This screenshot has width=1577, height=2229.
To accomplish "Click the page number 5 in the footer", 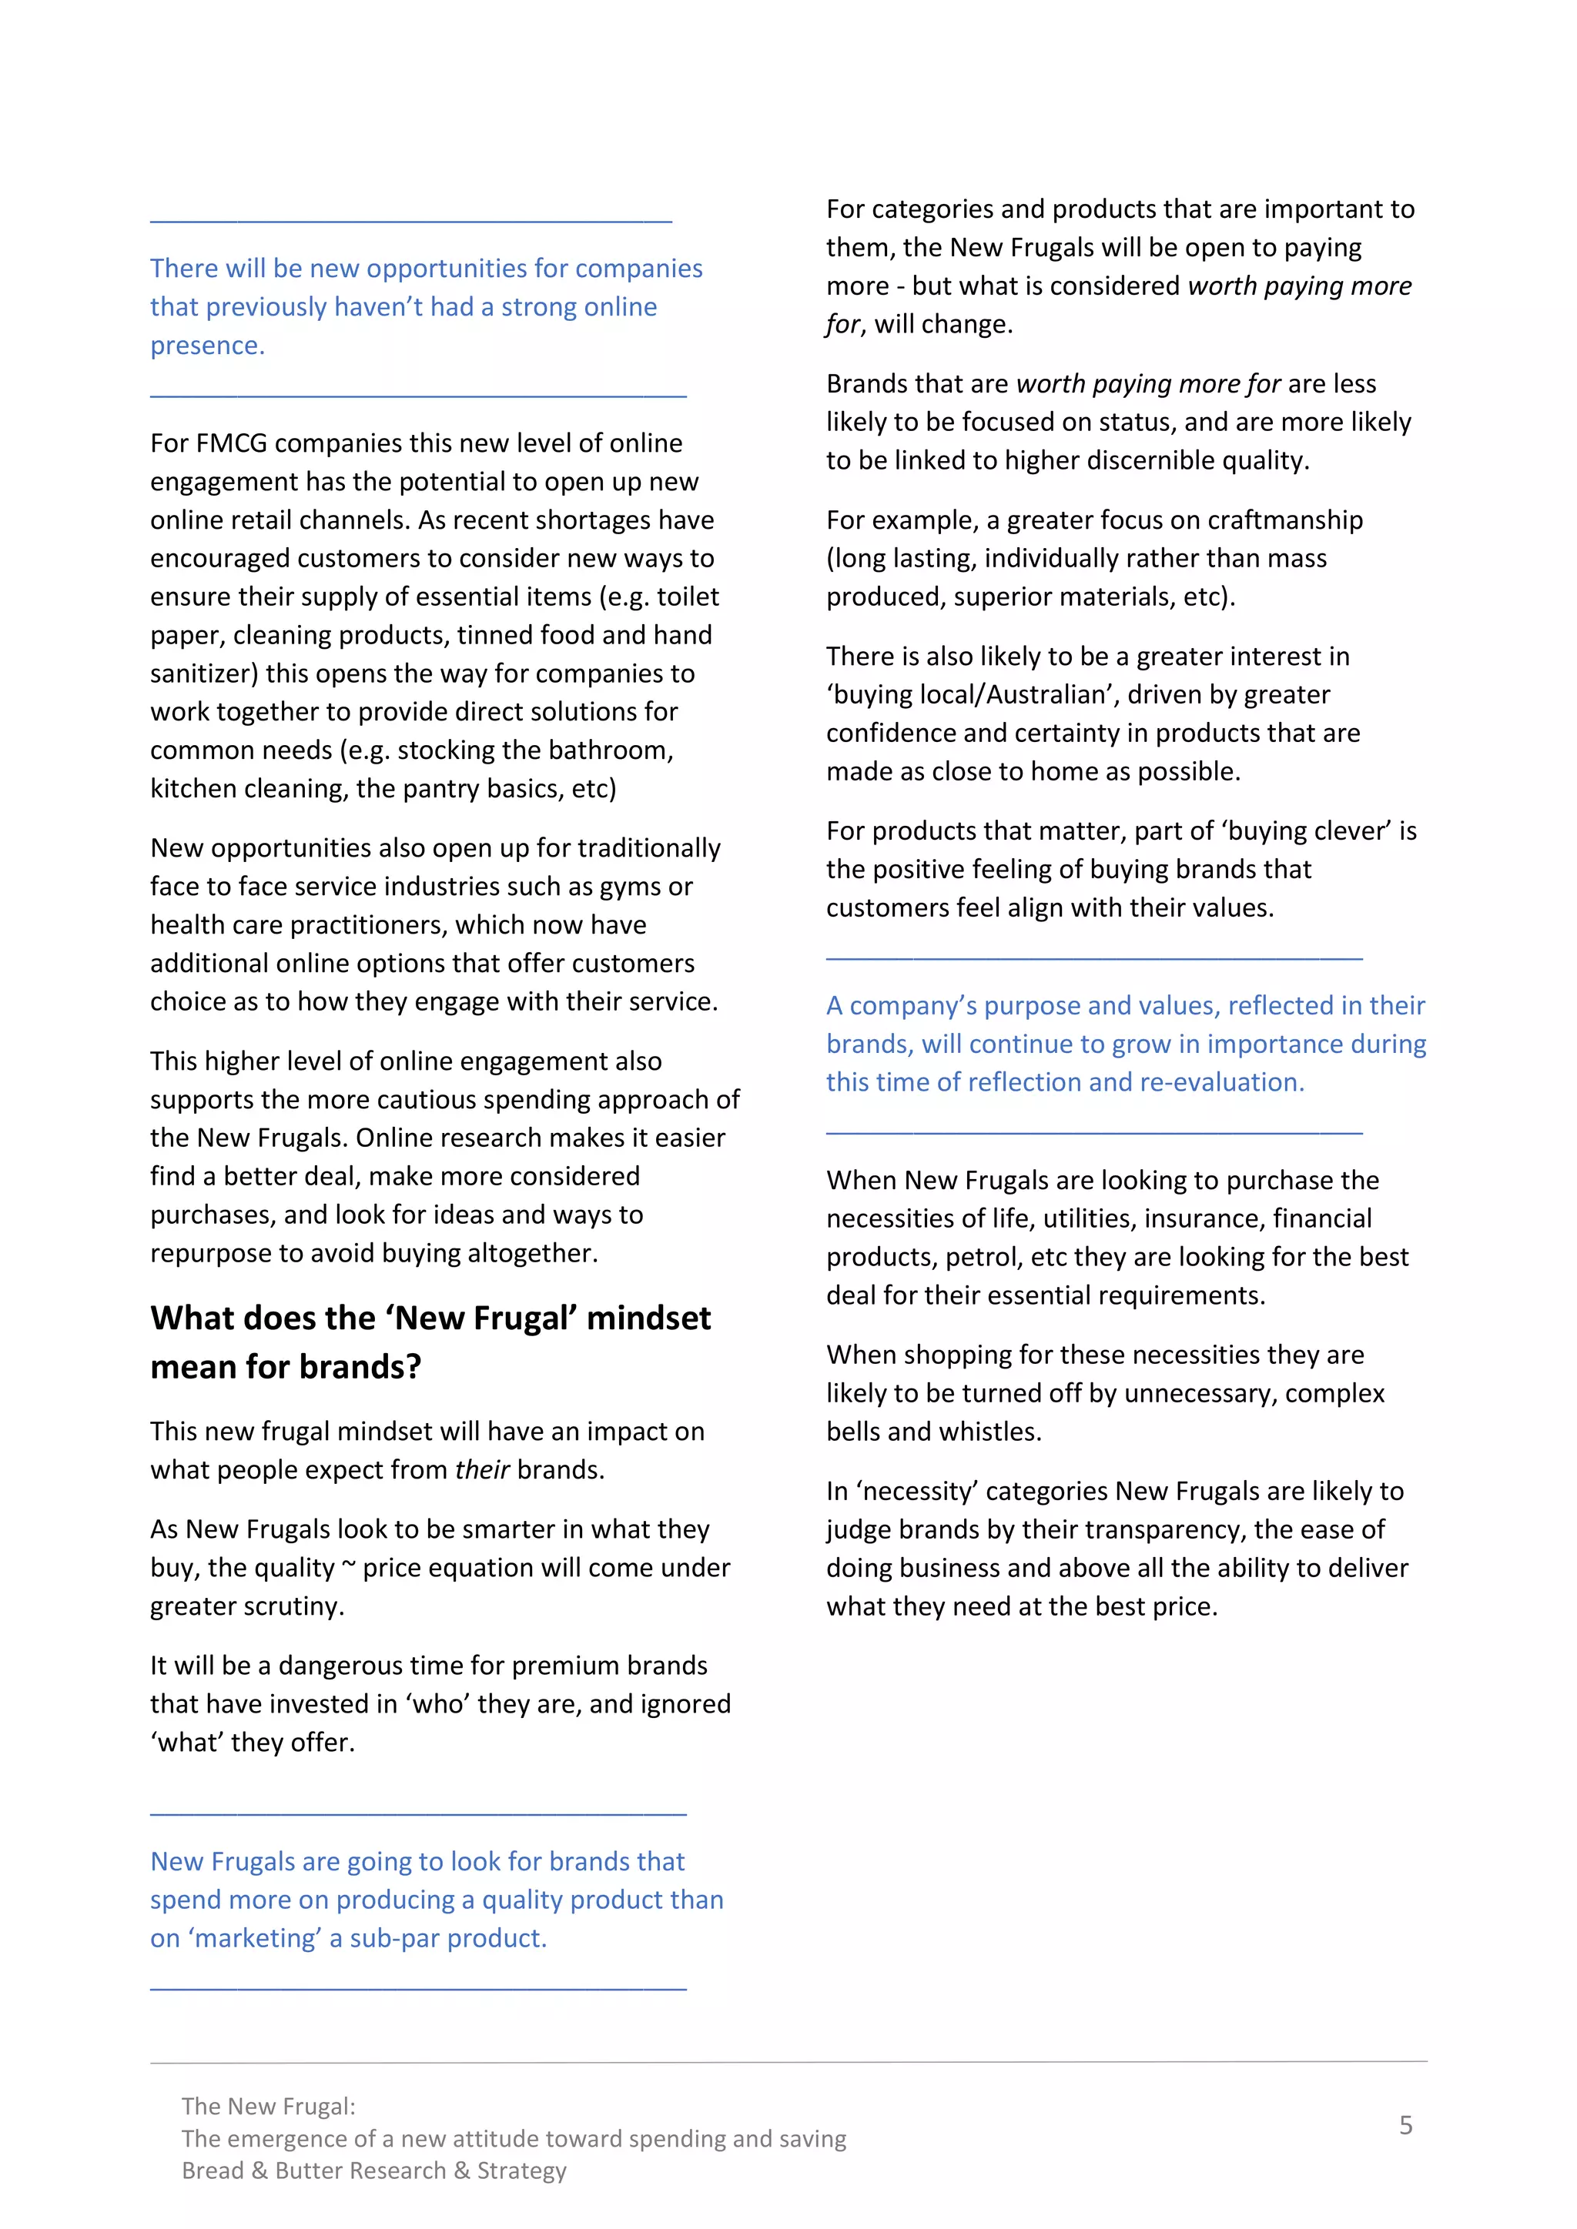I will (x=1405, y=2125).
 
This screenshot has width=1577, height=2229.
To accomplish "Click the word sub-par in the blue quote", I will (x=390, y=1939).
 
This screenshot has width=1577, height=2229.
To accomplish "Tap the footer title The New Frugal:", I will (x=268, y=2107).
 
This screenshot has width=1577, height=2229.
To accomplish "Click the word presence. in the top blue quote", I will (x=207, y=346).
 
